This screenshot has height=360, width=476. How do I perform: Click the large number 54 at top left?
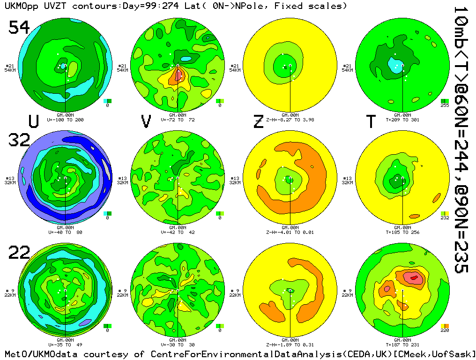pos(19,28)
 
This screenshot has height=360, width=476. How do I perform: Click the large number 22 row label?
pos(19,253)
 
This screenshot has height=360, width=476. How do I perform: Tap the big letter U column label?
pos(33,122)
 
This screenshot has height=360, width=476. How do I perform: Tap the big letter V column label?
pos(146,122)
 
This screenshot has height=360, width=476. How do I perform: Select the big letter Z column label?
pos(258,122)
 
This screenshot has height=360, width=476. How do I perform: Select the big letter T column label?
pos(371,122)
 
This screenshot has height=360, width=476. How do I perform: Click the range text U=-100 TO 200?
pos(65,120)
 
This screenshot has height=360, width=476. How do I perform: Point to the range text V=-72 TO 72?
pos(178,120)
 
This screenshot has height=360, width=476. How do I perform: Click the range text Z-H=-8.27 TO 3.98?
pos(290,120)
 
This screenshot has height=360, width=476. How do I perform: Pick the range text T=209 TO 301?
pos(402,120)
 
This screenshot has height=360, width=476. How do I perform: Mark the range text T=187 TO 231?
pos(402,345)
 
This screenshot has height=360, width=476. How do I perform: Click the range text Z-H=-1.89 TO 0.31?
pos(290,345)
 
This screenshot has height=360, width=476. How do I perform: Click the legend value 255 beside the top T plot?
pos(445,105)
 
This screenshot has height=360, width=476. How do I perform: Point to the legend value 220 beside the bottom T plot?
pos(445,330)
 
